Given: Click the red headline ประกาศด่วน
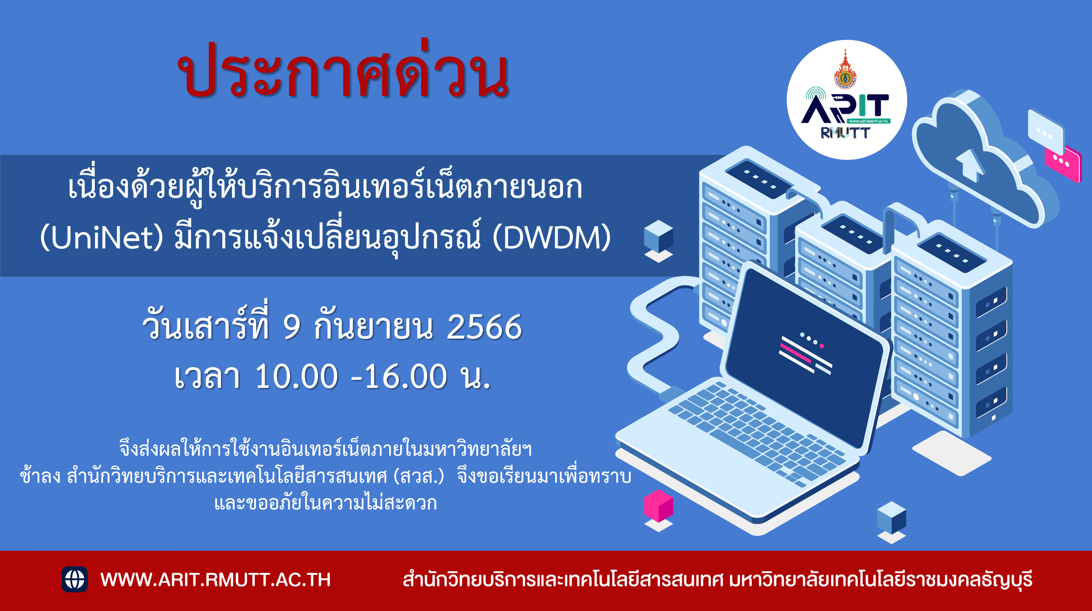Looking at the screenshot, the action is (x=343, y=70).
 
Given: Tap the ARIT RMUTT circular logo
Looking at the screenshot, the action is (x=847, y=100).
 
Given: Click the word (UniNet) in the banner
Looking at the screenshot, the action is (x=101, y=238).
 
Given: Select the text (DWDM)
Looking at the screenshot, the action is (x=551, y=238).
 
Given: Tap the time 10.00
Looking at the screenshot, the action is (x=297, y=376).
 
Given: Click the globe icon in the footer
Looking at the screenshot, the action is (x=75, y=579).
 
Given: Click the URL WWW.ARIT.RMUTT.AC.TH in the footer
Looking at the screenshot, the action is (x=215, y=580).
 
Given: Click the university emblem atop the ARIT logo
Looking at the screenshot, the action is (x=845, y=70).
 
